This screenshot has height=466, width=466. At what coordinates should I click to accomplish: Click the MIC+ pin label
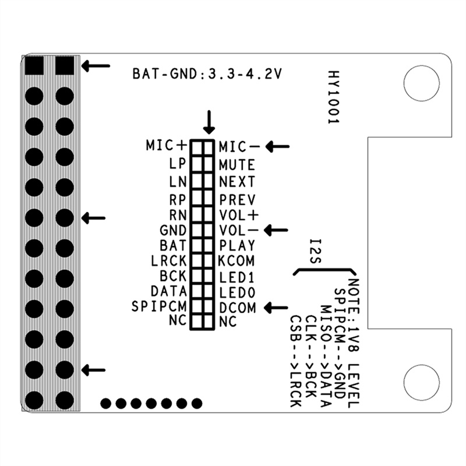[167, 145]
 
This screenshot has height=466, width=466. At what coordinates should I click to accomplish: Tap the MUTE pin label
[237, 165]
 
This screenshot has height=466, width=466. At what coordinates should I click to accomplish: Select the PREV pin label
[237, 200]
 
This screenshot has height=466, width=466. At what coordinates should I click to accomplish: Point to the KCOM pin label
[236, 260]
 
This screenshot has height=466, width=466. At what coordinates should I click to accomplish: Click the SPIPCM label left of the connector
[159, 306]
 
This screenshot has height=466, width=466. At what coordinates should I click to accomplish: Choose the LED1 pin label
[237, 278]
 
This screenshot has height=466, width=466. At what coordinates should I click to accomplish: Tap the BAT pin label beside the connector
[173, 245]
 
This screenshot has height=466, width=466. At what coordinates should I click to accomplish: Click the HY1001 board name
[334, 97]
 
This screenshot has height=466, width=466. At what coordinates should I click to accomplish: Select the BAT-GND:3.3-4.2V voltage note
[207, 74]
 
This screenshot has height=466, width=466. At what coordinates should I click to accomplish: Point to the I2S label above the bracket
[315, 252]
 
